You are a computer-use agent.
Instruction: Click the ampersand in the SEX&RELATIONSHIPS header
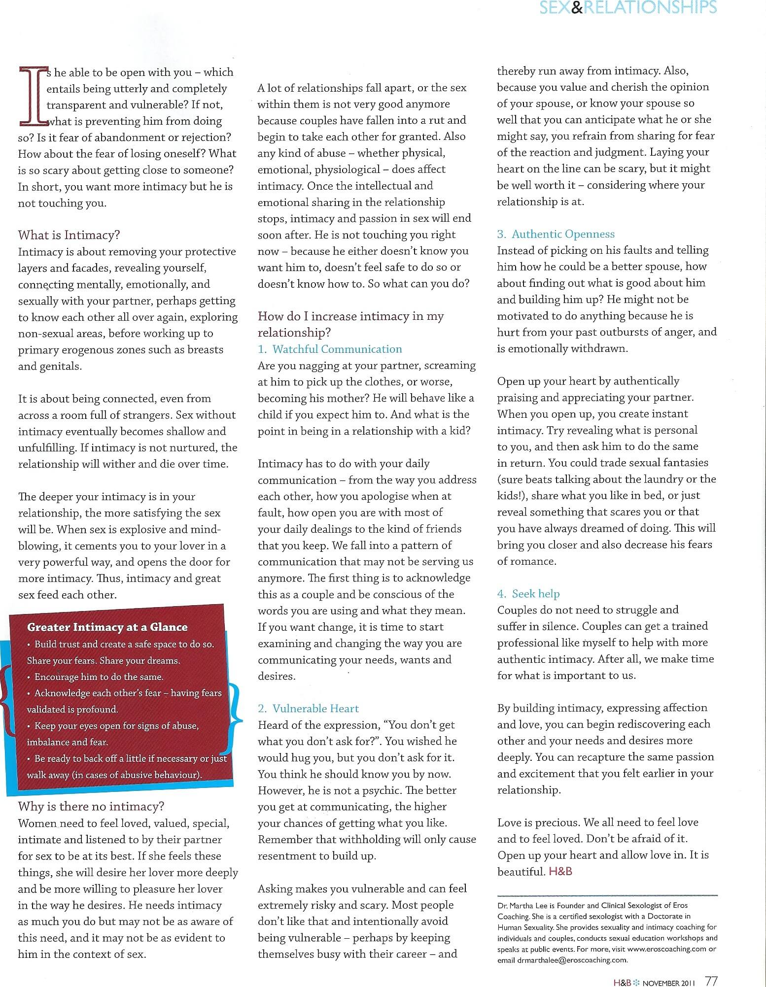click(x=576, y=7)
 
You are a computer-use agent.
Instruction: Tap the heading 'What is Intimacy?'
click(x=69, y=235)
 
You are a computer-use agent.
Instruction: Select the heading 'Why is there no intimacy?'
click(x=91, y=806)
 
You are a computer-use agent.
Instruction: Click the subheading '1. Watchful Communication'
click(x=330, y=349)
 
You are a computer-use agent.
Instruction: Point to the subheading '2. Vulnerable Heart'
click(x=308, y=708)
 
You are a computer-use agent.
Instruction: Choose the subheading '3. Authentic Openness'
click(x=556, y=234)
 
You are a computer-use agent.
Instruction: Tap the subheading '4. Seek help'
click(x=528, y=593)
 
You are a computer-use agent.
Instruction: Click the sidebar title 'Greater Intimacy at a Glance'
click(x=107, y=627)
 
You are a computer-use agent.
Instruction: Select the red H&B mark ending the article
click(x=560, y=871)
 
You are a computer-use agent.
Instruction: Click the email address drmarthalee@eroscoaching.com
click(x=572, y=959)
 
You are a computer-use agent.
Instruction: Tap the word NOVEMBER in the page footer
click(x=662, y=981)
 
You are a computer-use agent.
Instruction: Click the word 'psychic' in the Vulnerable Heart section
click(x=366, y=790)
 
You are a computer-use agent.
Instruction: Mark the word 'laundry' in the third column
click(x=665, y=479)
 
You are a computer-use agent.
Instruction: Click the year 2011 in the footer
click(x=689, y=981)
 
